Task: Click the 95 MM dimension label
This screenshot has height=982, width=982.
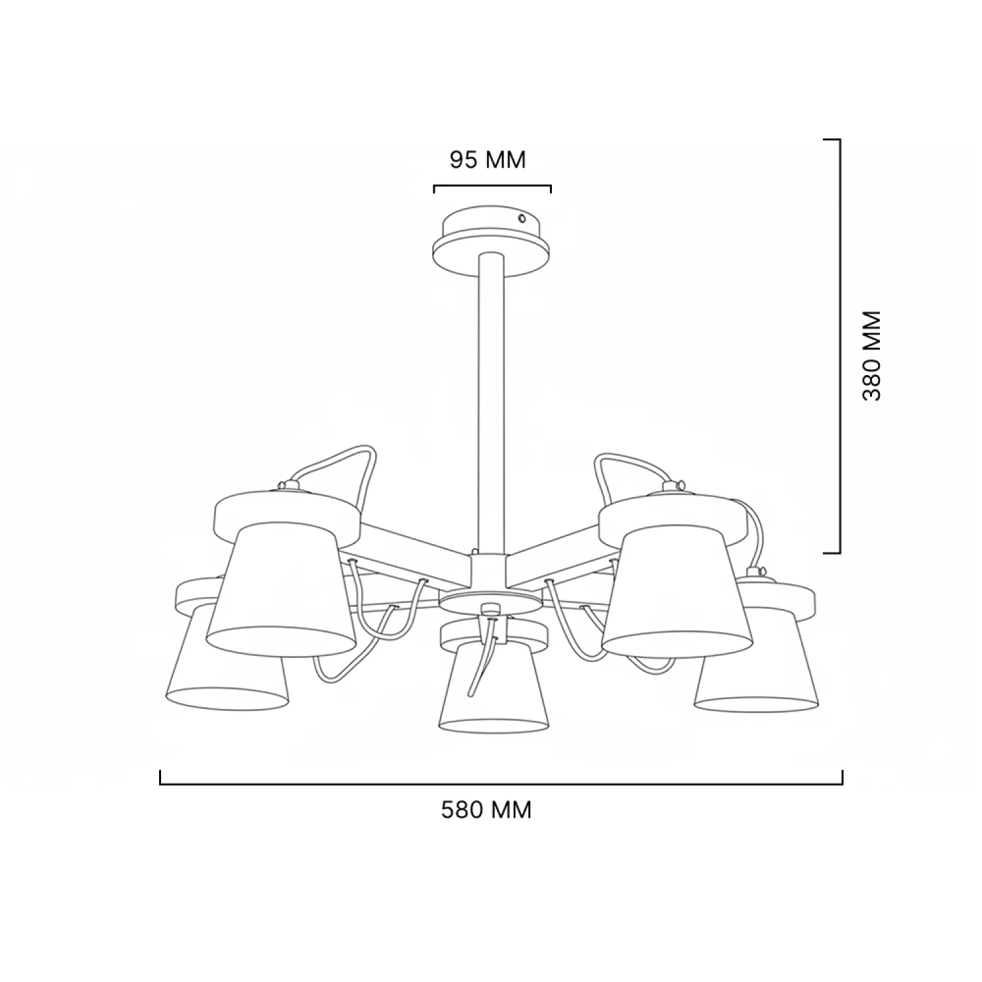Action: click(488, 160)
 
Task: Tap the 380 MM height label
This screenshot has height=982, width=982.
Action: click(872, 355)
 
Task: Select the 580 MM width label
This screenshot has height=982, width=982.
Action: click(486, 810)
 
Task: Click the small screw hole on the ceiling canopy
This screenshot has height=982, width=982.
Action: click(521, 218)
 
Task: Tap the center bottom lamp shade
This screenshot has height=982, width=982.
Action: click(494, 687)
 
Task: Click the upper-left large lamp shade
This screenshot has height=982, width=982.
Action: click(282, 592)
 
